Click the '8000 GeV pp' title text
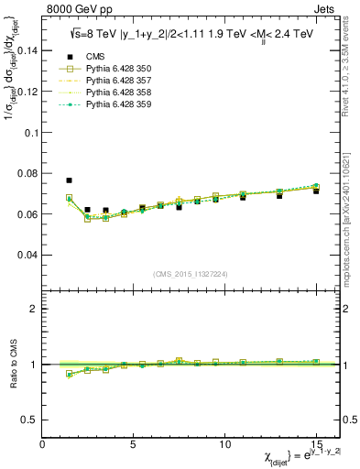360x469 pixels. click(x=77, y=11)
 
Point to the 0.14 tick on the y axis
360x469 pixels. click(x=27, y=51)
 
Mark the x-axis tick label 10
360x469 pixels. click(x=224, y=444)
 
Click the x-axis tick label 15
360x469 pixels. click(x=316, y=444)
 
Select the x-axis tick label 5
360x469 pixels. click(x=135, y=444)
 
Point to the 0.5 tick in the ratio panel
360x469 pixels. click(x=31, y=420)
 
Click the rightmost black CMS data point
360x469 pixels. click(x=316, y=191)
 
